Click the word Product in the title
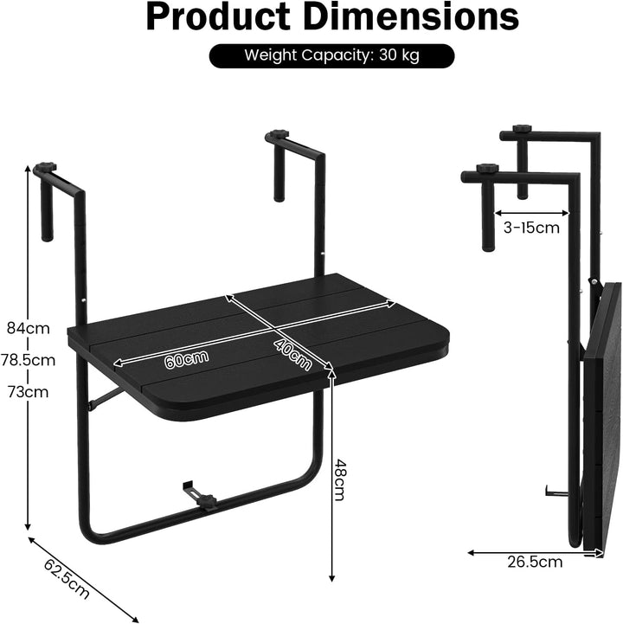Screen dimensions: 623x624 (x=218, y=17)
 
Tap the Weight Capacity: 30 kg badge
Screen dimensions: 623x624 (x=331, y=55)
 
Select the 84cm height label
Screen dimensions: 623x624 (x=29, y=328)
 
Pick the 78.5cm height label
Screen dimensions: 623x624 (x=28, y=360)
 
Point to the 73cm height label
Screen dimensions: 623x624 (x=29, y=392)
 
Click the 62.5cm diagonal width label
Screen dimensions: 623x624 (x=67, y=578)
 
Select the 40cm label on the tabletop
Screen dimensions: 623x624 (x=292, y=354)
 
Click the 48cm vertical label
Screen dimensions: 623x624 (x=339, y=480)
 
